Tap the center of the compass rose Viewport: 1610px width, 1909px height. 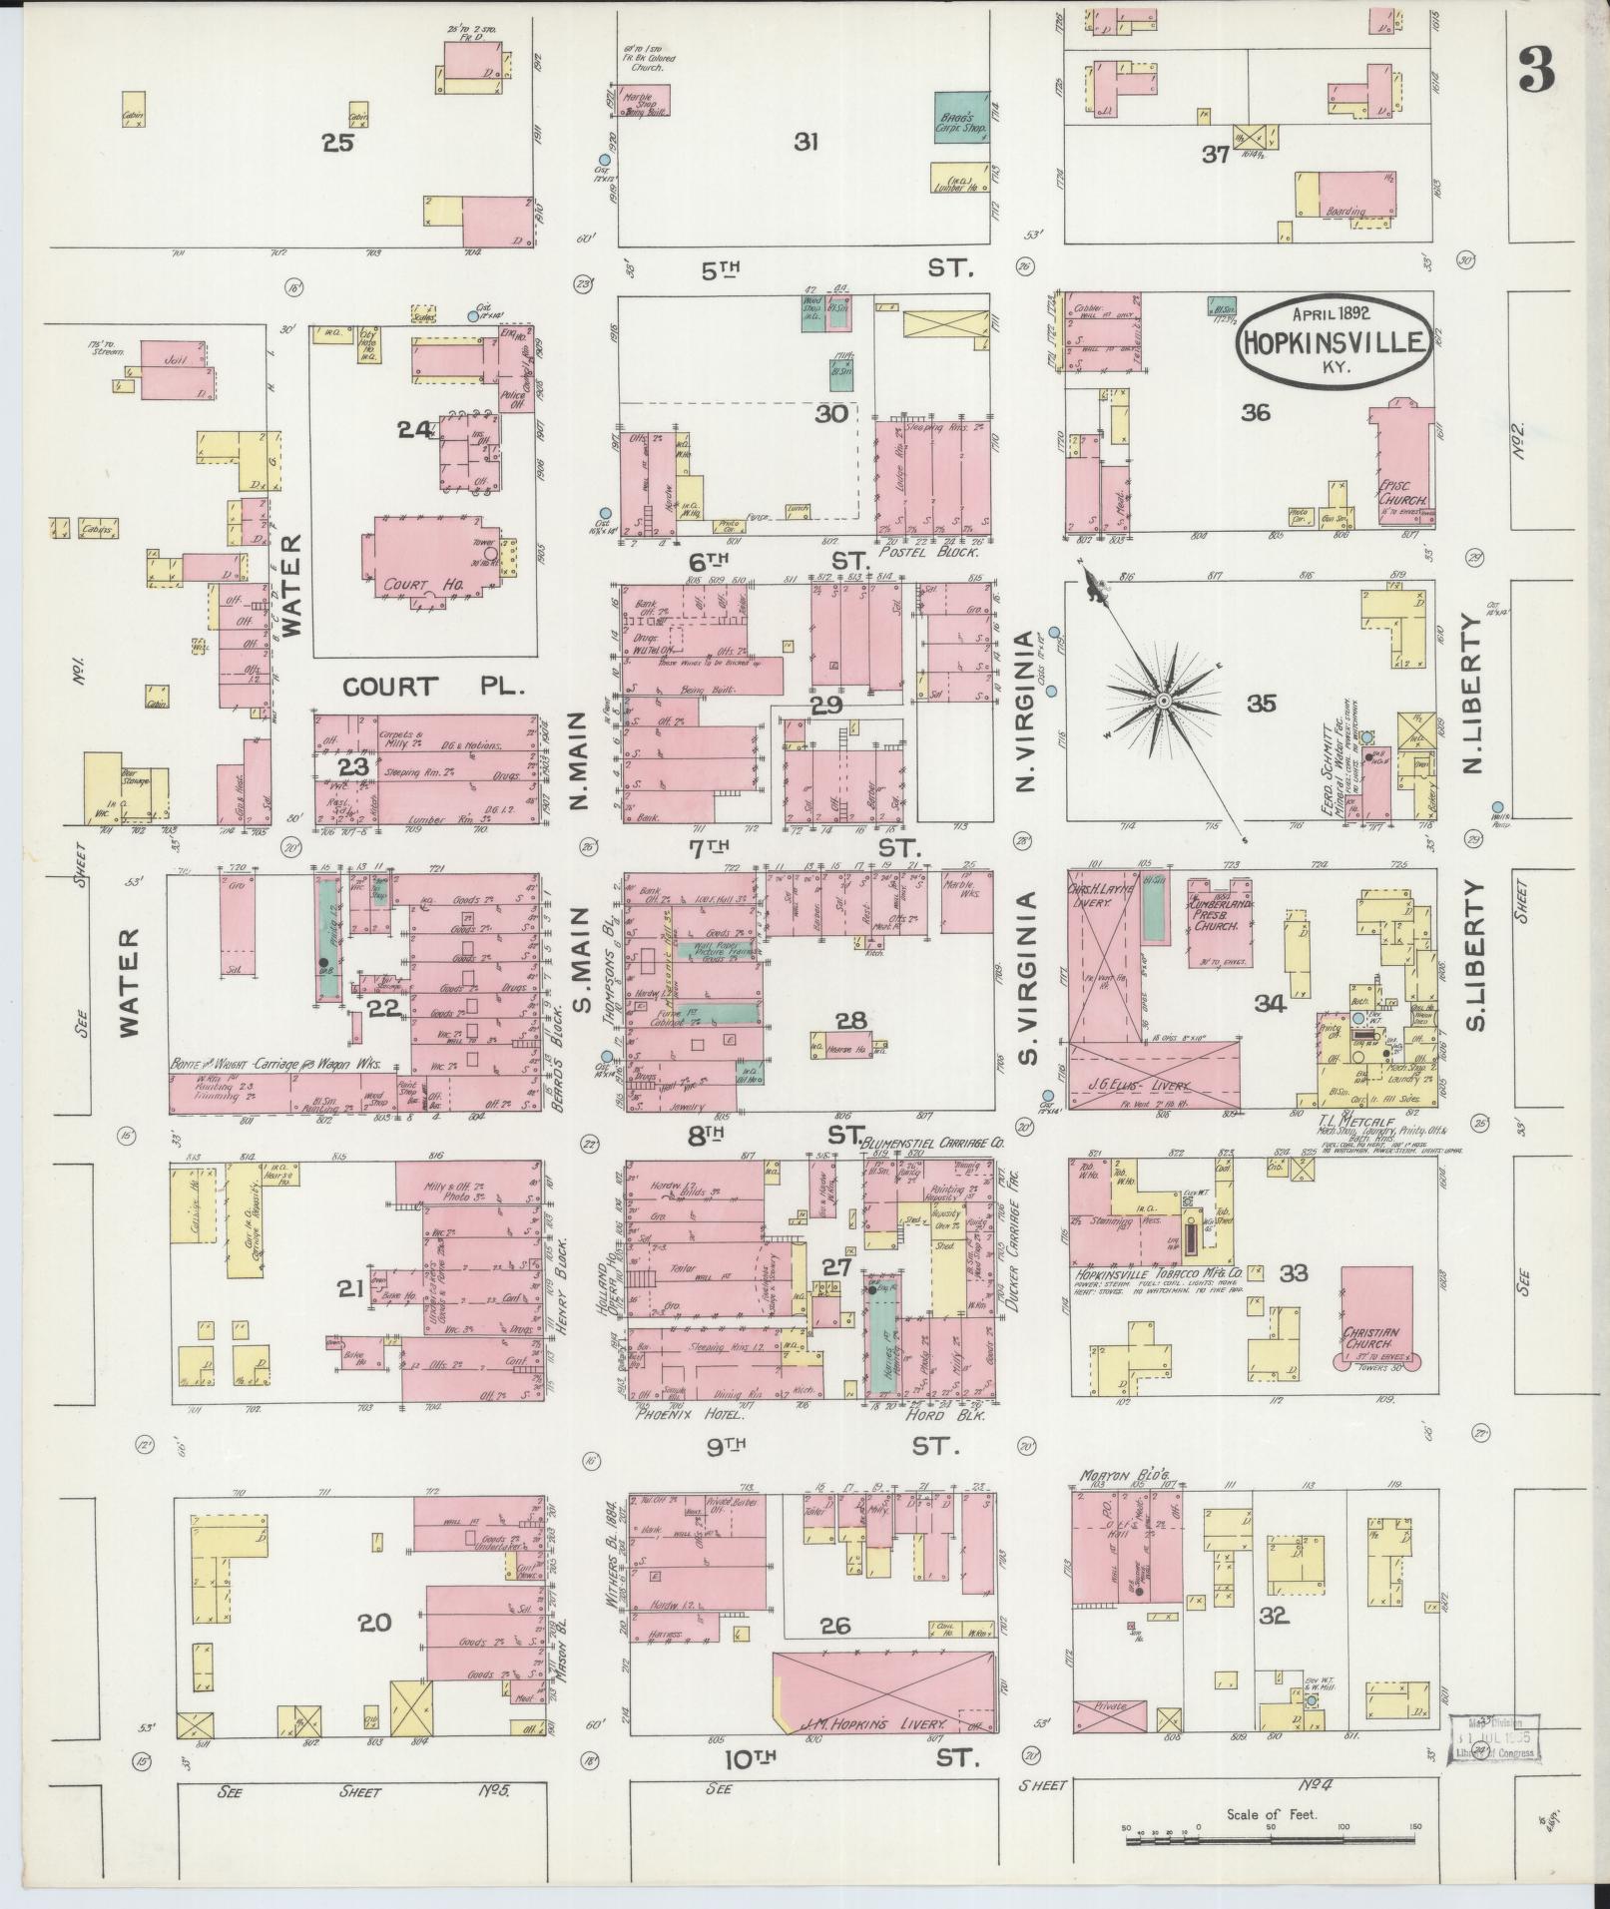click(x=1163, y=703)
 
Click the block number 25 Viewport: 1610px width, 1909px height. click(x=338, y=143)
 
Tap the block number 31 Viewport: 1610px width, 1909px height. click(x=805, y=143)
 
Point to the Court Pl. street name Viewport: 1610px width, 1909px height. click(x=389, y=687)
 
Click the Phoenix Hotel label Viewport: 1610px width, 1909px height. click(x=679, y=1413)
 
